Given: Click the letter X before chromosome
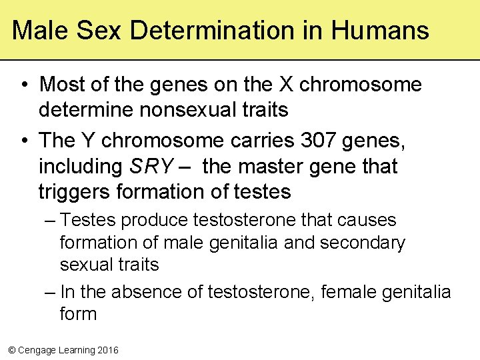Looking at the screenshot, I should click(287, 85).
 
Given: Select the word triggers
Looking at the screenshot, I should click(75, 192).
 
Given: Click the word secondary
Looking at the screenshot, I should click(362, 243).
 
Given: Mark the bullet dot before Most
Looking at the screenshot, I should click(24, 85).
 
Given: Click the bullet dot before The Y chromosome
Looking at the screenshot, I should click(24, 141).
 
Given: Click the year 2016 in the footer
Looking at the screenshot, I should click(107, 350).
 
